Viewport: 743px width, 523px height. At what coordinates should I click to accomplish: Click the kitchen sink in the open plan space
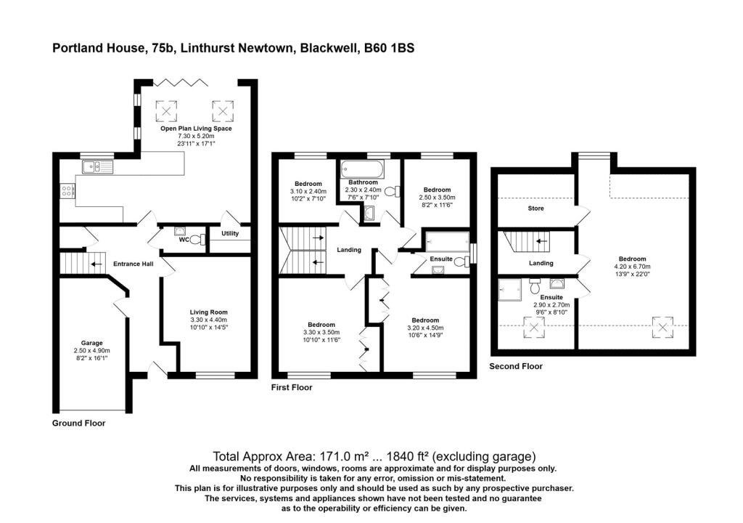(97, 168)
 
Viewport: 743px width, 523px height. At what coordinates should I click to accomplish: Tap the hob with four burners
(67, 192)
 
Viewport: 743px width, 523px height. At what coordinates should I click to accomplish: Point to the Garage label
(91, 342)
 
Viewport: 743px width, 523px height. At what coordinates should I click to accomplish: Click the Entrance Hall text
(133, 264)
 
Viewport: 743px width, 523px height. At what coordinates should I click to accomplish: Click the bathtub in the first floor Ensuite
(446, 240)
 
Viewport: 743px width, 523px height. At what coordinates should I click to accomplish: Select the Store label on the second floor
(535, 208)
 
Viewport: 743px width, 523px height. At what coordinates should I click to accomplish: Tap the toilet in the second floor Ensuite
(535, 283)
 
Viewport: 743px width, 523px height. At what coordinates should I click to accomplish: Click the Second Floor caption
(516, 366)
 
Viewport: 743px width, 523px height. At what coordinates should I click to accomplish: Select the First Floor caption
(291, 387)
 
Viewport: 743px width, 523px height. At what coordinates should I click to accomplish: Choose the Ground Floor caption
(79, 423)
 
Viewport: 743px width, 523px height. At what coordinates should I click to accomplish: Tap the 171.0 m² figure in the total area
(340, 457)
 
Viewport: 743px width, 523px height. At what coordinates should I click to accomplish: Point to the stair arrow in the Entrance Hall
(96, 264)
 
